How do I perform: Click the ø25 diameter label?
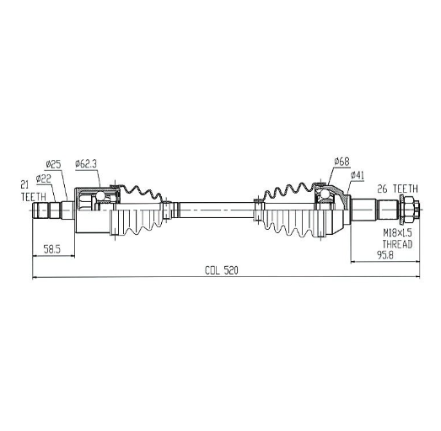(x=53, y=164)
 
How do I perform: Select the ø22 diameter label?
(x=44, y=178)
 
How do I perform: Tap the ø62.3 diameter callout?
(x=86, y=164)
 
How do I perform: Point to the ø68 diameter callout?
(x=342, y=162)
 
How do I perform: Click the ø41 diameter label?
(x=358, y=176)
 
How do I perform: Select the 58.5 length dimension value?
(x=52, y=249)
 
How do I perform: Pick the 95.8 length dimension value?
(x=385, y=255)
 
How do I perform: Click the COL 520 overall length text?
(x=222, y=270)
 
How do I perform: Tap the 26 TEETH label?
(x=397, y=189)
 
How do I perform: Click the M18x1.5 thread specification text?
(x=397, y=233)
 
